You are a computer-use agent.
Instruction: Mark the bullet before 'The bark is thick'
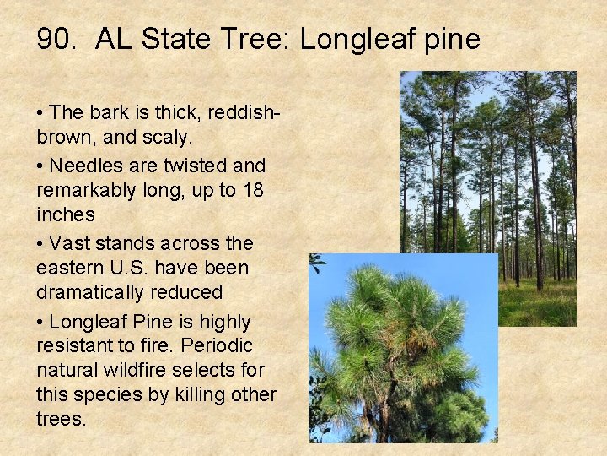click(x=40, y=113)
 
